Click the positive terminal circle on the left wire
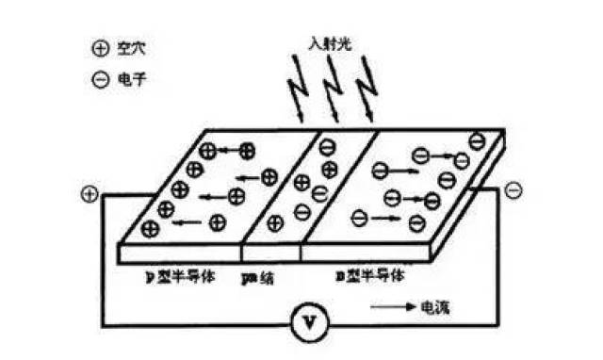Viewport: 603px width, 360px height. (89, 195)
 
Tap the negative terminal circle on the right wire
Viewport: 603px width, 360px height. (513, 191)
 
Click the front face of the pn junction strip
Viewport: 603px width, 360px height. (271, 254)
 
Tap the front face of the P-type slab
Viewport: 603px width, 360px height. (179, 254)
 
